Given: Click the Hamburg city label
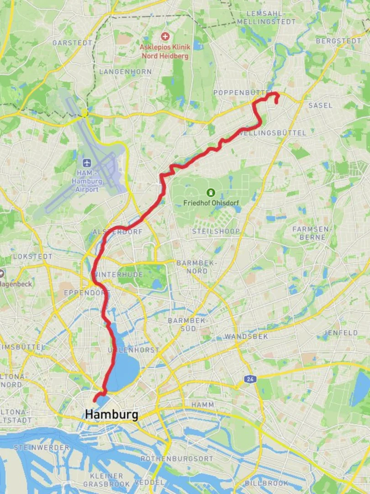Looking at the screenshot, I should pyautogui.click(x=111, y=415).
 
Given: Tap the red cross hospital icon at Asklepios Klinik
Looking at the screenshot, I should pyautogui.click(x=165, y=36).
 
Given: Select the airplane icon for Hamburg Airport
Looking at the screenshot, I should pyautogui.click(x=86, y=162).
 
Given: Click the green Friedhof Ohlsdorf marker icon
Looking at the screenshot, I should pyautogui.click(x=211, y=193).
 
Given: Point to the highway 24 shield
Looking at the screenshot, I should pyautogui.click(x=249, y=379).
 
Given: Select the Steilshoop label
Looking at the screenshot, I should pyautogui.click(x=216, y=231).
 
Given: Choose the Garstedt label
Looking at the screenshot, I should pyautogui.click(x=72, y=43).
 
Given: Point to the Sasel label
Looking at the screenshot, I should pyautogui.click(x=321, y=105).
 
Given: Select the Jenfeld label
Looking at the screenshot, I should pyautogui.click(x=341, y=333).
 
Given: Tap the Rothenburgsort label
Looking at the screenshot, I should pyautogui.click(x=177, y=458).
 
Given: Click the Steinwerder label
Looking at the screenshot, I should pyautogui.click(x=42, y=447).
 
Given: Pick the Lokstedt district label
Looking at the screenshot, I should pyautogui.click(x=32, y=256).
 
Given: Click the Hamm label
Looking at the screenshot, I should pyautogui.click(x=202, y=405).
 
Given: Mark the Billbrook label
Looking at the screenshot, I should pyautogui.click(x=267, y=483).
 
